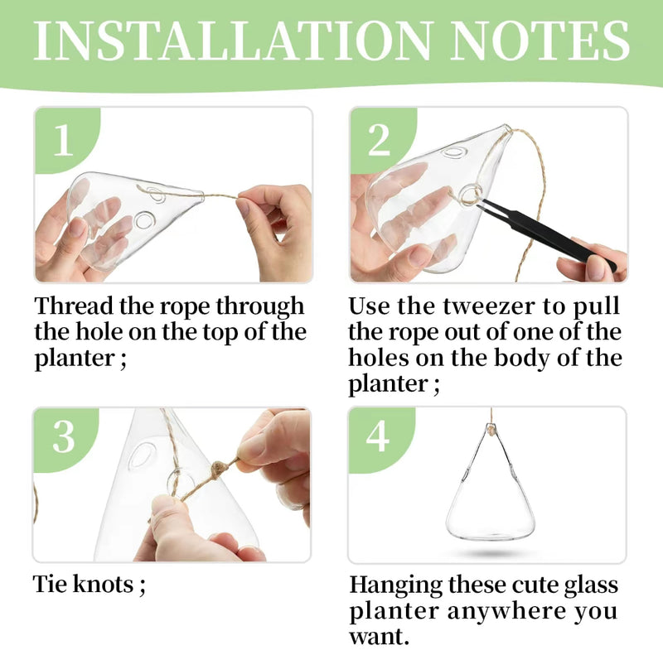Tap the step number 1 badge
pos(63,141)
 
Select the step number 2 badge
pos(379,141)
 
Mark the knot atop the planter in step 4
pos(490,431)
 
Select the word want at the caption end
pos(377,638)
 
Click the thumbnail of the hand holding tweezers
pos(488,195)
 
